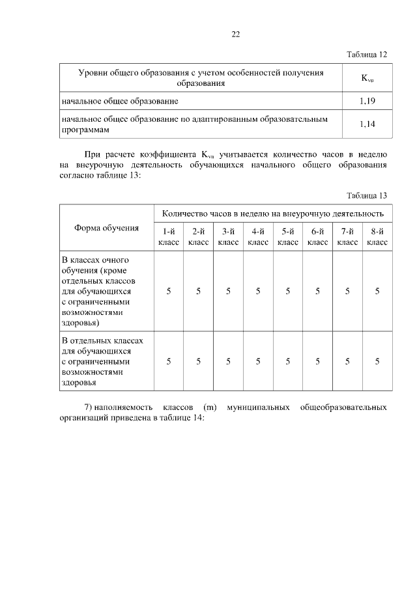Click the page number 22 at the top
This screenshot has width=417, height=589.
pos(235,34)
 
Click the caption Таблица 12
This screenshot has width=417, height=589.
pos(367,55)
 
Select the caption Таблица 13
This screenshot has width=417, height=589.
pos(367,195)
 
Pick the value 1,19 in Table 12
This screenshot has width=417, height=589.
pos(367,102)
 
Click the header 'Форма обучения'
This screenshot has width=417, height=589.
pos(107,228)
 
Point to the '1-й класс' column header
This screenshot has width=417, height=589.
pos(168,236)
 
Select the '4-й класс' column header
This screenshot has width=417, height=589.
pos(258,236)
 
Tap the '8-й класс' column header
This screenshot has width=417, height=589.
pos(377,236)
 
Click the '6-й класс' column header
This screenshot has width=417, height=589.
pos(317,236)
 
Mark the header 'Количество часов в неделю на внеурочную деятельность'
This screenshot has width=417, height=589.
pos(272,213)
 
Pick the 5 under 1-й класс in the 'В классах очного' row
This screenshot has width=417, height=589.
pos(168,291)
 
